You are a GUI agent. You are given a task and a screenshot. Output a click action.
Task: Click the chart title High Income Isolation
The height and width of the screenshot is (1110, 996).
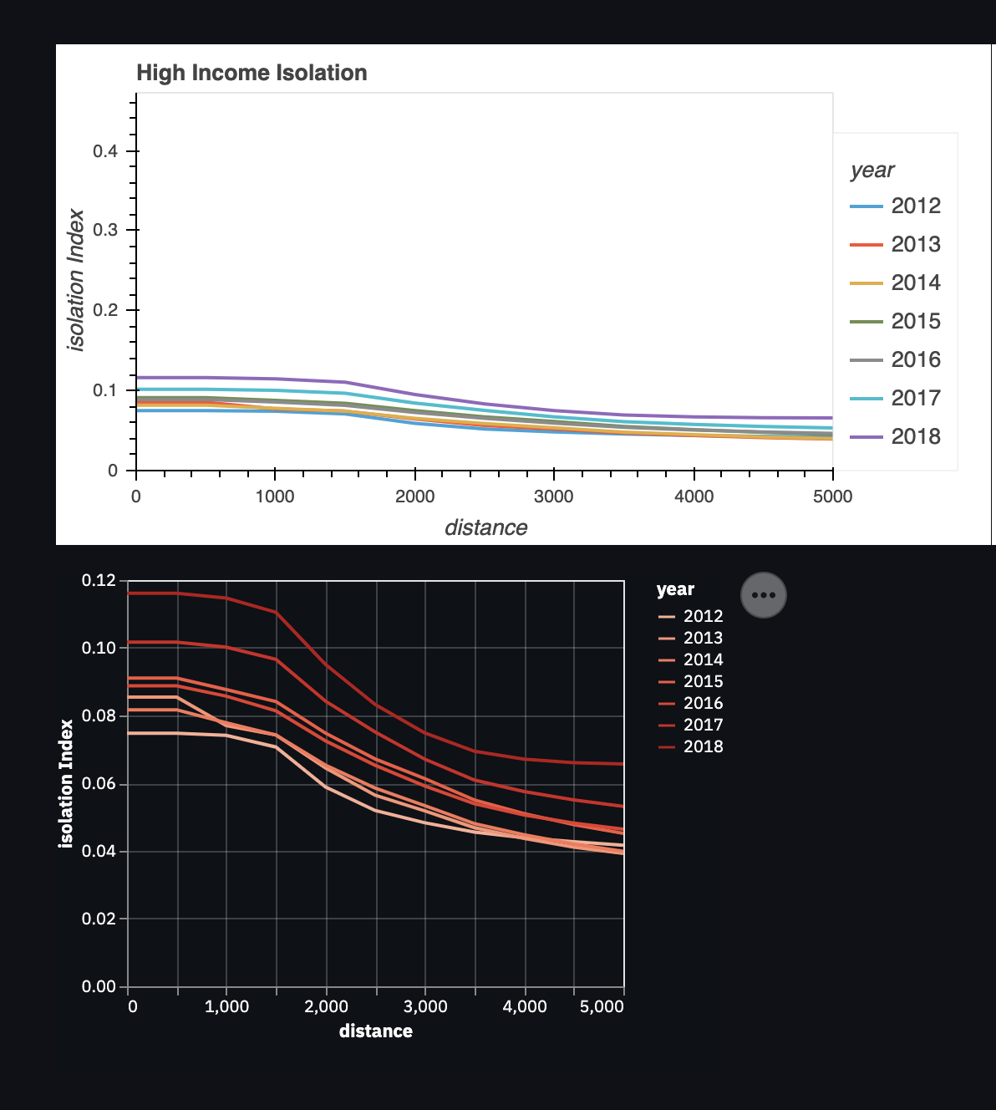click(x=252, y=74)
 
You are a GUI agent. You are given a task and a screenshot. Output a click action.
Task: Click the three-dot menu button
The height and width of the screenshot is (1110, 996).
click(x=764, y=595)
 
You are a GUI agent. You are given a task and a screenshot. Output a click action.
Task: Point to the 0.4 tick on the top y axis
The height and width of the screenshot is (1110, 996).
click(x=104, y=151)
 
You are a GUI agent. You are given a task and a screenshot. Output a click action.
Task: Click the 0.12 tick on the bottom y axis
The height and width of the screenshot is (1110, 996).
click(x=99, y=581)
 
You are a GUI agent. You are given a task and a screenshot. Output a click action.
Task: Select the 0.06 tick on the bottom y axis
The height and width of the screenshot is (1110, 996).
click(x=99, y=784)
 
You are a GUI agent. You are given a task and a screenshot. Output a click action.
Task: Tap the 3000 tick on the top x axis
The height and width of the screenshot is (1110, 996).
click(x=553, y=496)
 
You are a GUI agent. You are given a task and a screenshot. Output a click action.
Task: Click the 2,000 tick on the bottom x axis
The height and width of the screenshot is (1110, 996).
click(x=326, y=1006)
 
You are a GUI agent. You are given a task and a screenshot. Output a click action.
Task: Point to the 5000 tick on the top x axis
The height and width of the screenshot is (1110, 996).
click(x=832, y=496)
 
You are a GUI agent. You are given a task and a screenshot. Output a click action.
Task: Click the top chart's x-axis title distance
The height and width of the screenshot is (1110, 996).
click(x=485, y=527)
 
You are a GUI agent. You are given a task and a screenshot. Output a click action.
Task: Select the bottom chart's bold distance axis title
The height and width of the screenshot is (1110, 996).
click(x=375, y=1031)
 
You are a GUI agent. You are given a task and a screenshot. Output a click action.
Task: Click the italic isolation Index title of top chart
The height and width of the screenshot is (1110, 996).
click(x=76, y=280)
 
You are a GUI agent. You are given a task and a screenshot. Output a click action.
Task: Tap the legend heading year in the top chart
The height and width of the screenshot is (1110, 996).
click(x=871, y=171)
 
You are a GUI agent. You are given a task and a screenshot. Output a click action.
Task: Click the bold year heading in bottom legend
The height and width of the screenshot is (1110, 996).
click(x=675, y=589)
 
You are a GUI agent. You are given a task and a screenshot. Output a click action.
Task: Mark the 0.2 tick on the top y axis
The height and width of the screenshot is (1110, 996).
click(x=104, y=310)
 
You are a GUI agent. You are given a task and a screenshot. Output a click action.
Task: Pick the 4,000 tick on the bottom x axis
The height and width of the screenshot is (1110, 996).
click(x=525, y=1006)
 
